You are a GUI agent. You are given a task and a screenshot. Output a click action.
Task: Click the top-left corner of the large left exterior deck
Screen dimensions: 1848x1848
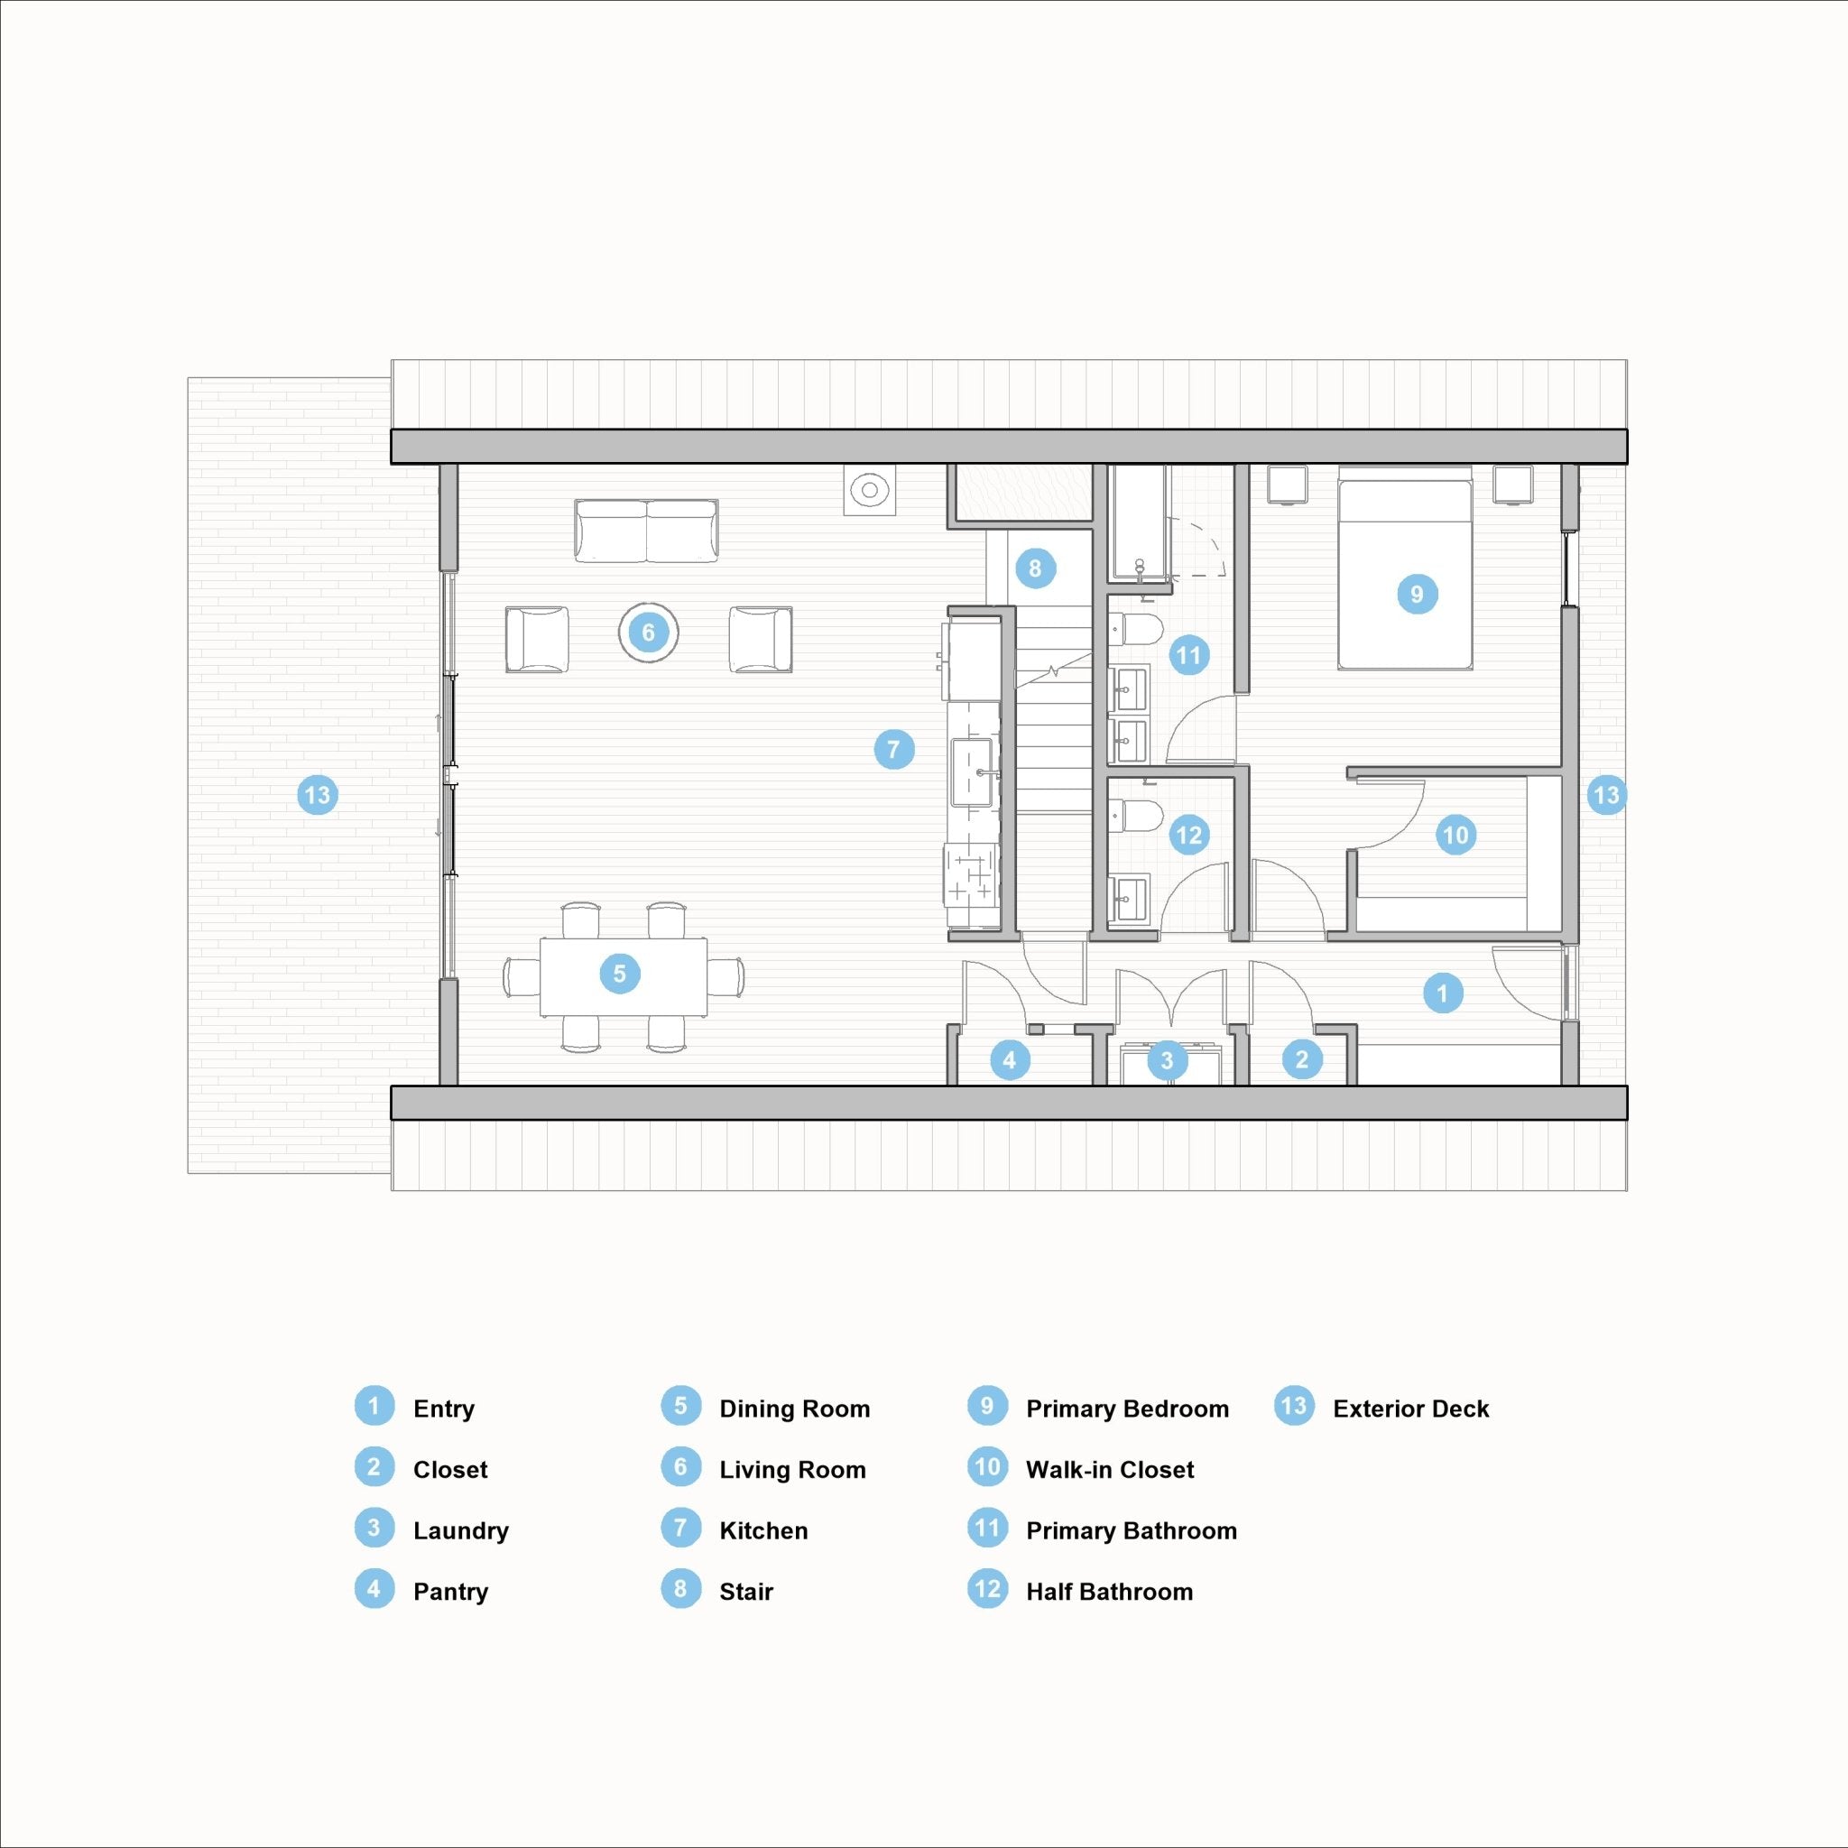tap(188, 378)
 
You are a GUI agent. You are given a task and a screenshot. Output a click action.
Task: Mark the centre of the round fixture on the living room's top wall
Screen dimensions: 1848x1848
tap(870, 491)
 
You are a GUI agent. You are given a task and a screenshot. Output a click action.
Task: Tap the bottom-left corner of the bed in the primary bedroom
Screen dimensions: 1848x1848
tap(1338, 669)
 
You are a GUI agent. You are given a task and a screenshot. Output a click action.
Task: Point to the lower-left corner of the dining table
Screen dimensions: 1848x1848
tap(541, 1016)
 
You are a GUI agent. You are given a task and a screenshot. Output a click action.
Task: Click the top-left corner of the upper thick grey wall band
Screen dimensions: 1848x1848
tap(392, 430)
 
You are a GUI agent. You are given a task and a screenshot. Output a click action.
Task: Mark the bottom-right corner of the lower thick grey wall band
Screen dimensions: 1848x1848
tap(1628, 1120)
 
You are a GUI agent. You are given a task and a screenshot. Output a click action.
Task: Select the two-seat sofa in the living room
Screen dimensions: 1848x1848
tap(647, 531)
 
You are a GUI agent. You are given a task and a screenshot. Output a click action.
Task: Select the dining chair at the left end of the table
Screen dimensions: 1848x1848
tap(521, 976)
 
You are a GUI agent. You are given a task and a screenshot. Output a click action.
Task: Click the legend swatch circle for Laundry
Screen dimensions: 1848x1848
tap(374, 1529)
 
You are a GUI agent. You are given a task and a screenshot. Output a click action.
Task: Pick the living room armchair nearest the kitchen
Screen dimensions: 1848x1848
tap(761, 639)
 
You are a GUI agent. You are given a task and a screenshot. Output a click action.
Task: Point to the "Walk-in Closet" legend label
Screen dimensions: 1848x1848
tap(1110, 1469)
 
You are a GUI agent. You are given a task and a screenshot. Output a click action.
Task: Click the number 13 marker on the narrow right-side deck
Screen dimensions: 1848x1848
tap(1606, 795)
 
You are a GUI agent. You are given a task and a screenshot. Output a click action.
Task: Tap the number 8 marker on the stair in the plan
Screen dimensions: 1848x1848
tap(1035, 568)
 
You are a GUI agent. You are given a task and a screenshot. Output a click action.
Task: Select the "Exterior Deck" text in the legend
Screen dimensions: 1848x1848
tap(1411, 1409)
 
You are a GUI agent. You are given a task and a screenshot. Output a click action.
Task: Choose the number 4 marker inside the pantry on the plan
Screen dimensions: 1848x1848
tap(1009, 1060)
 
